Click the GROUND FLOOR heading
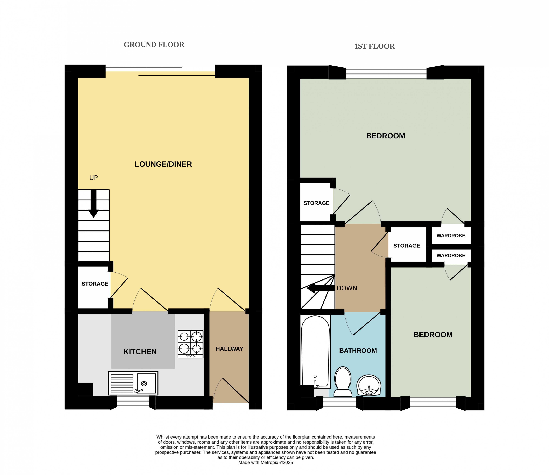click(x=154, y=45)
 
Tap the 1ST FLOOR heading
click(x=374, y=46)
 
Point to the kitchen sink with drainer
click(x=133, y=383)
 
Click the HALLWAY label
click(x=229, y=349)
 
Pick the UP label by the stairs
click(x=94, y=178)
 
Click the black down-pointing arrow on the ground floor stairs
click(x=94, y=203)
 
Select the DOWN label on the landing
click(x=347, y=288)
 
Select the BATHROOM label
click(x=358, y=351)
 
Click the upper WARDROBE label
click(x=451, y=236)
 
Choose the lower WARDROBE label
click(x=451, y=256)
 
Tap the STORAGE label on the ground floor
click(x=95, y=284)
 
